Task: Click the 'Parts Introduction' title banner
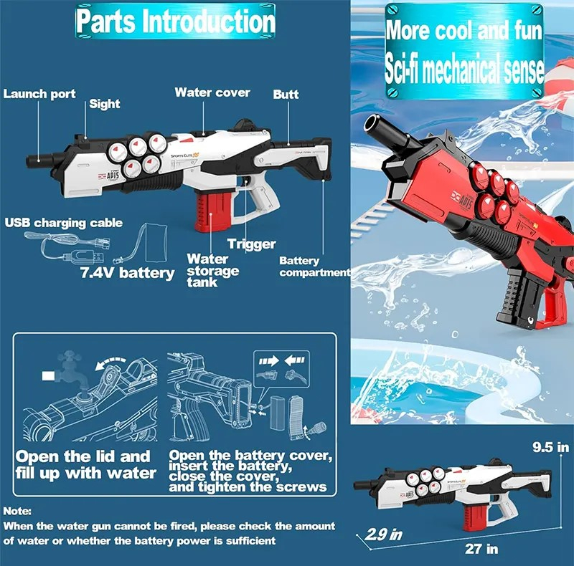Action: point(175,21)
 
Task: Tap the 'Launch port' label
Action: point(39,94)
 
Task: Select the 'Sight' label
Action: point(104,104)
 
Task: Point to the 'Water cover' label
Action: point(212,92)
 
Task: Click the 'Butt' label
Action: point(286,95)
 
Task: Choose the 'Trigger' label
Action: point(252,244)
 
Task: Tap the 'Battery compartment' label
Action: point(315,267)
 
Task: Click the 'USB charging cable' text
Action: point(64,223)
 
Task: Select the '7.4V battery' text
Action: point(127,273)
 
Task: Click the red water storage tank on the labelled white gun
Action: point(213,212)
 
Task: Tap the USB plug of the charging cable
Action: point(83,257)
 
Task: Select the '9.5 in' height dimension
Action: point(550,447)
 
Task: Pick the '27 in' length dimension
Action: point(481,549)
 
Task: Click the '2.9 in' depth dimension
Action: point(384,534)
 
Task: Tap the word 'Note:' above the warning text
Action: point(17,511)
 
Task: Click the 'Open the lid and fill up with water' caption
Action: point(86,464)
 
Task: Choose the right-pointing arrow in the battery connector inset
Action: point(268,362)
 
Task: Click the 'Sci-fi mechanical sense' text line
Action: point(464,68)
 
